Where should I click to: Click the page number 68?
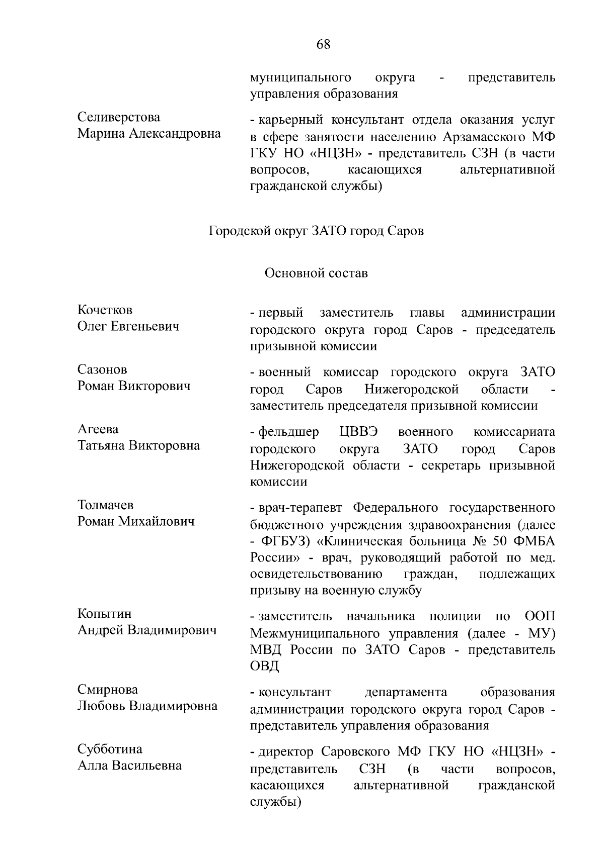coord(323,45)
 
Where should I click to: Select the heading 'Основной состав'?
coord(316,273)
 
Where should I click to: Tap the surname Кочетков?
coord(105,310)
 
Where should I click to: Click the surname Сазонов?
coord(102,370)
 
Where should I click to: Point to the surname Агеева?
coord(98,429)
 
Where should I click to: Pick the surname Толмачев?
coord(106,505)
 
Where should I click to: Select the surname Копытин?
coord(104,614)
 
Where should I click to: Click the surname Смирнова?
coord(108,690)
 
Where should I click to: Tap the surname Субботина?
coord(110,749)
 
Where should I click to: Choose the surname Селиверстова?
coord(119,117)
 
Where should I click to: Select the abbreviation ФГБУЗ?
coord(285,541)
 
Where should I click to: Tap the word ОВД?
coord(264,666)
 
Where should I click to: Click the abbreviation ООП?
coord(540,616)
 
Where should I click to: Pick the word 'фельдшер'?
coord(288,432)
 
